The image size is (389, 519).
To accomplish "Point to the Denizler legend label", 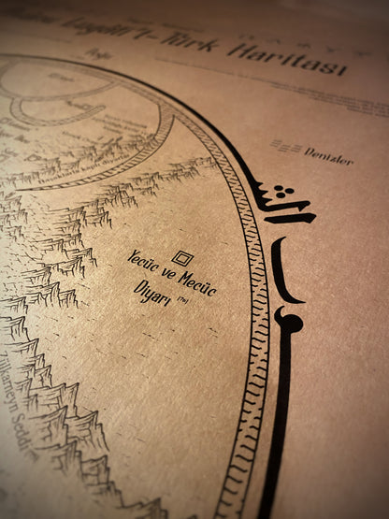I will click(x=328, y=157).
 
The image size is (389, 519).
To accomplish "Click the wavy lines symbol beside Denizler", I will click(x=285, y=148).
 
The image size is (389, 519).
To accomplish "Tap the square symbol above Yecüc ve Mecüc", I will click(x=182, y=257).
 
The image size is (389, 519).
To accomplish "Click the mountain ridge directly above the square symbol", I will click(x=140, y=196).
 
